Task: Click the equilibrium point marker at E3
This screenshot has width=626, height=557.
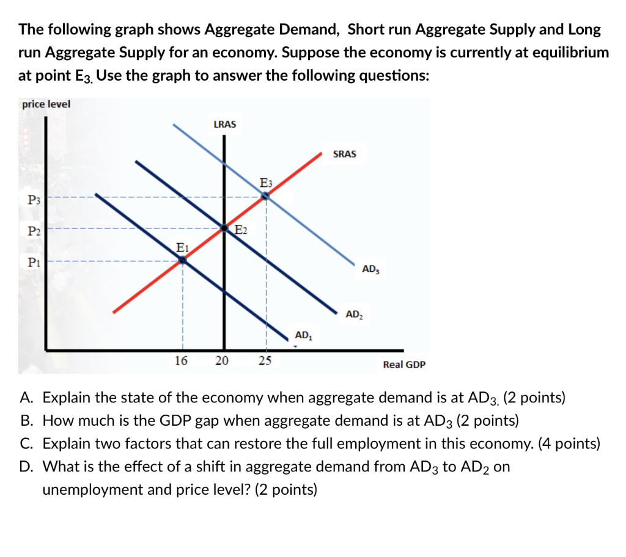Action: [x=265, y=196]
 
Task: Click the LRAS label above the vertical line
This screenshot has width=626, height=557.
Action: [x=224, y=124]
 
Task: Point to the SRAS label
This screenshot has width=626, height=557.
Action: [x=344, y=154]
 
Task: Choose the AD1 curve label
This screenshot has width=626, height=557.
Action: [x=304, y=335]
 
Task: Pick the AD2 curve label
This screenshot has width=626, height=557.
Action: [x=354, y=315]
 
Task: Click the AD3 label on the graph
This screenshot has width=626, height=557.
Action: [x=370, y=269]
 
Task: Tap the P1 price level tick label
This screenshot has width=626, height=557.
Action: [x=34, y=262]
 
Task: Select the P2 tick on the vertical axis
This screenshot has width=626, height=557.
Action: [x=34, y=230]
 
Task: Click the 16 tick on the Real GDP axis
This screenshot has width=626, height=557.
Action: [x=181, y=360]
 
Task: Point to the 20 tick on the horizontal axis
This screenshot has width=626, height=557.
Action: [x=222, y=360]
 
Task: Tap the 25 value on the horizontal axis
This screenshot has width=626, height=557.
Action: [x=264, y=360]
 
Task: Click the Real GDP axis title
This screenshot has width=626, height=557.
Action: [x=404, y=365]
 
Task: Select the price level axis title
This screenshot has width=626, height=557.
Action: [x=46, y=104]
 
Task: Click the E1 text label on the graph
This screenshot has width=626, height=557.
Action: [x=182, y=247]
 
